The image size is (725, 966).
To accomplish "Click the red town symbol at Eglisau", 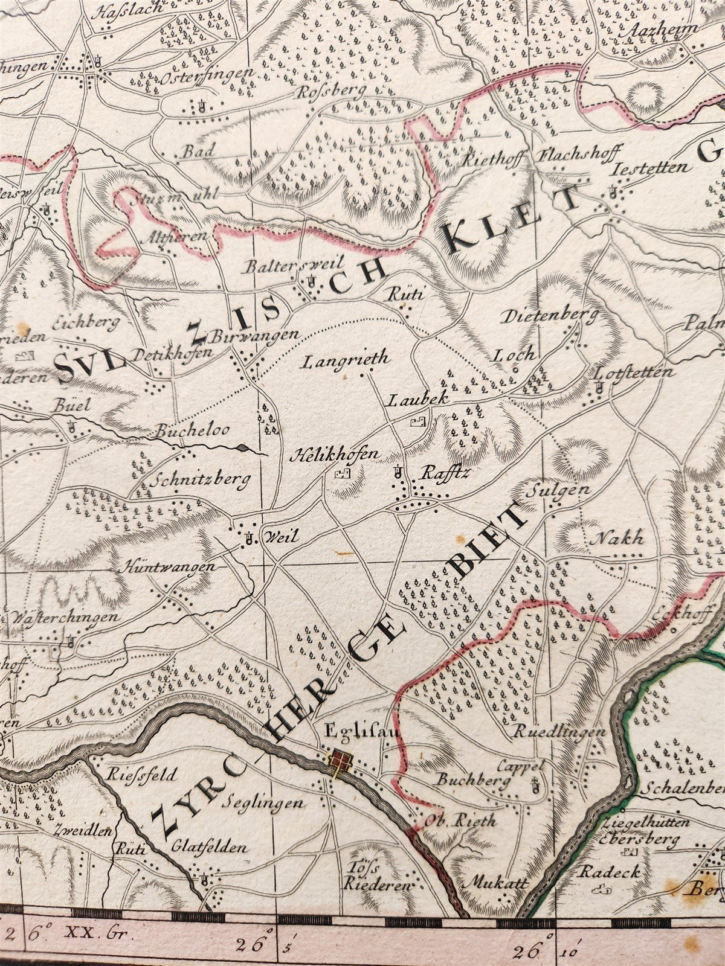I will (339, 762).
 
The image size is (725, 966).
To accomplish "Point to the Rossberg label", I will (332, 91).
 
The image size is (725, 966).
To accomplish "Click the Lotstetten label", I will (634, 372).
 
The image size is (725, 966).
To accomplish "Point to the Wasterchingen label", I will (63, 618).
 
